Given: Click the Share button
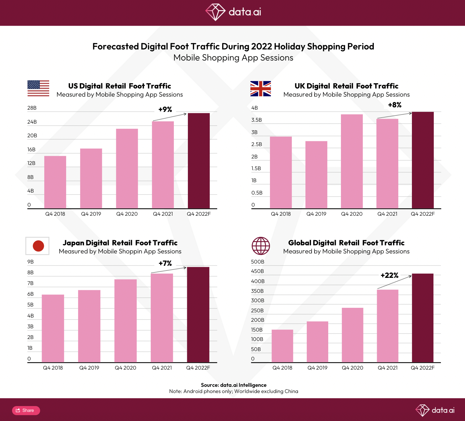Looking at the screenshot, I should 26,410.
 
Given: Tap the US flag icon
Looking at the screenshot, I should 38,88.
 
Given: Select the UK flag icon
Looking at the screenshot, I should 261,88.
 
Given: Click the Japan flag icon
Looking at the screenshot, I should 37,246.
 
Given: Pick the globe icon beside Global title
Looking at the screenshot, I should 261,246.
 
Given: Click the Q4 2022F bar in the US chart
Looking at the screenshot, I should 199,161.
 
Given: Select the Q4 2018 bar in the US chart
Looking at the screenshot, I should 55,182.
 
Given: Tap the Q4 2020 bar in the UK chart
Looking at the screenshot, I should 352,161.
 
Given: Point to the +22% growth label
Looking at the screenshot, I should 389,275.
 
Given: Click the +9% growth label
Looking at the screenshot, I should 165,109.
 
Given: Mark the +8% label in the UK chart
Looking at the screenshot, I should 395,105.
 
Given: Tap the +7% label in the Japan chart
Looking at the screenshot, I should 165,263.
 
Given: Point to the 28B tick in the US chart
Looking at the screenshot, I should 32,108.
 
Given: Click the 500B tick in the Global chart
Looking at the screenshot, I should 258,262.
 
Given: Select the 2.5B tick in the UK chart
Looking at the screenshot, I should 257,144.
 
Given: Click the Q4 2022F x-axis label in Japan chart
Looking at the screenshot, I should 198,368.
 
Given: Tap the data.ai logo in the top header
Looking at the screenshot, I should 233,12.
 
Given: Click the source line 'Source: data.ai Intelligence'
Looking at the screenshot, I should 233,385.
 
